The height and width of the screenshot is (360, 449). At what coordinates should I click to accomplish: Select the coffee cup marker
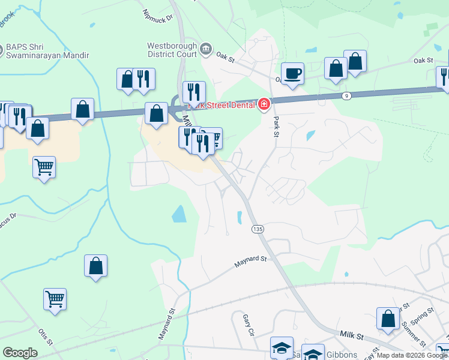coord(292,74)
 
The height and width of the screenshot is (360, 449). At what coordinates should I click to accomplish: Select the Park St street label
coord(277,125)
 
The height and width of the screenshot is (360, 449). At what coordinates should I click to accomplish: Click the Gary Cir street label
coord(249,325)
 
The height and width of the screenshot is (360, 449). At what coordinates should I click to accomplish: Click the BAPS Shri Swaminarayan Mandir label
coord(47,52)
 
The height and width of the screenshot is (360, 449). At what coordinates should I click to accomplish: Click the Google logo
coord(20,353)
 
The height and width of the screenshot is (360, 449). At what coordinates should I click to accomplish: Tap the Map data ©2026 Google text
coord(412,355)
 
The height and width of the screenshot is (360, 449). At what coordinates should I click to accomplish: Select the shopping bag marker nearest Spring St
coord(388,320)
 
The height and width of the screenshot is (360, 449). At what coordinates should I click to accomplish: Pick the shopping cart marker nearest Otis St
coord(55,299)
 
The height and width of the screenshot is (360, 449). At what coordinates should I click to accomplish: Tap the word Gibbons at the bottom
coord(342,355)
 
